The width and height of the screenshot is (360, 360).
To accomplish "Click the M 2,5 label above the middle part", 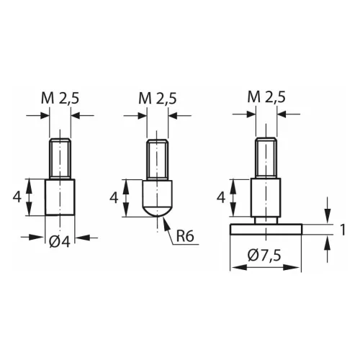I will point(158,97).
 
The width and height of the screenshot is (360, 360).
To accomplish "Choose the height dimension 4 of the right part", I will point(222,197).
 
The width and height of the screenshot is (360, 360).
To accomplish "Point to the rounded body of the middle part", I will point(158,198).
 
